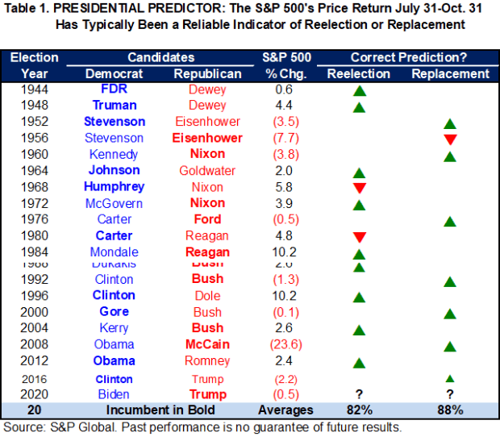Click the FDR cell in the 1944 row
tap(114, 89)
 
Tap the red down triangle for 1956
tap(450, 139)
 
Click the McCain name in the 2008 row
tap(208, 344)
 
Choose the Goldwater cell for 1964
tap(208, 170)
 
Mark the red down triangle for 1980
tap(359, 237)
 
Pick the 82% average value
tap(359, 410)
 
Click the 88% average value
tap(450, 410)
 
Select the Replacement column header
tap(450, 73)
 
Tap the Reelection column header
tap(359, 73)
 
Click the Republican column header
tap(208, 73)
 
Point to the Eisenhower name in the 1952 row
tap(208, 122)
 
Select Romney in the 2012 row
tap(208, 360)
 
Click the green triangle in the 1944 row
tap(359, 90)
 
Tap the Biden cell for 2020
tap(114, 394)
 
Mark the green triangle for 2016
tap(450, 379)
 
